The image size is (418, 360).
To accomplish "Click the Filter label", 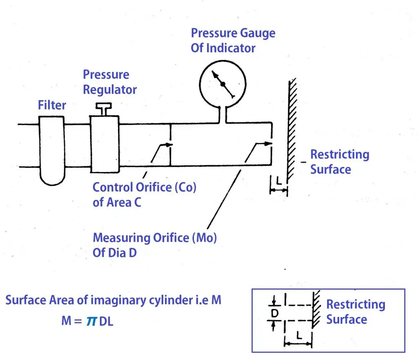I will click(x=52, y=105).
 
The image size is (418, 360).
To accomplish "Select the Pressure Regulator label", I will click(x=109, y=82).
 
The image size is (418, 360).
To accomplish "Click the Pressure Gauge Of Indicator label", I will click(x=233, y=40).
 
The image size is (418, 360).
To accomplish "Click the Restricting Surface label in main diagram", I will click(x=339, y=162).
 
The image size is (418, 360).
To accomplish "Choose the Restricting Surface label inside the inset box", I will click(x=355, y=312).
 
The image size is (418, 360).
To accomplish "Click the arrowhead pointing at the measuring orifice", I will click(x=268, y=143).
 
